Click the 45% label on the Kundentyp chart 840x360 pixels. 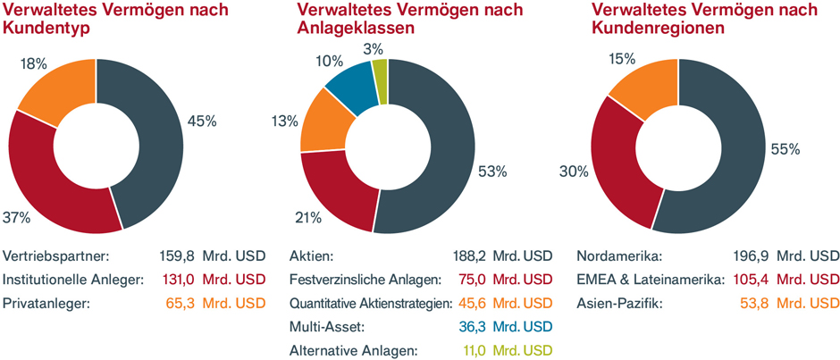point(202,121)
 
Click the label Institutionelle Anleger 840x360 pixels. point(74,279)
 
